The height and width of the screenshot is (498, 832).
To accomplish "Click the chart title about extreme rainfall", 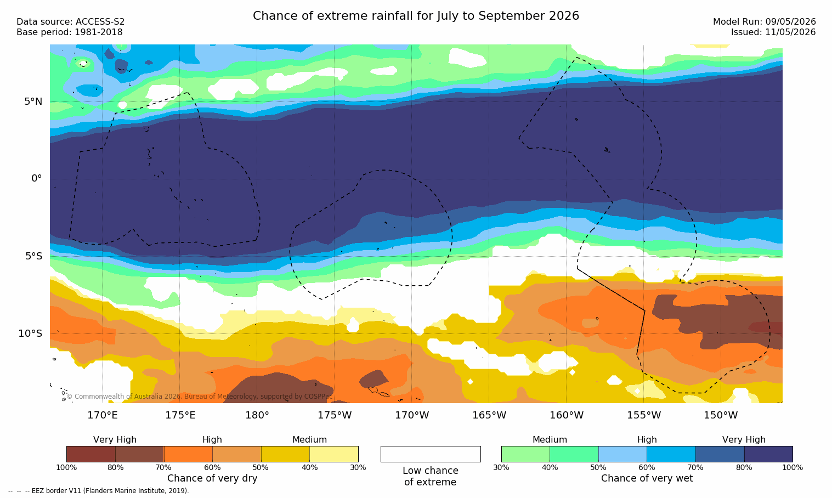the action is pyautogui.click(x=416, y=16).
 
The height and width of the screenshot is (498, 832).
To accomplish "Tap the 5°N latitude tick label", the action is pyautogui.click(x=33, y=101).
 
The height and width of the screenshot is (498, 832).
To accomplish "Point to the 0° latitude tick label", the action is pyautogui.click(x=37, y=179).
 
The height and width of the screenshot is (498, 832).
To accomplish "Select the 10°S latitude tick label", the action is pyautogui.click(x=31, y=333).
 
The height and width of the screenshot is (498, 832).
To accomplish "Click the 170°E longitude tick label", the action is pyautogui.click(x=103, y=415).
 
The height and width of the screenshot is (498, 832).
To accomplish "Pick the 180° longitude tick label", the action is pyautogui.click(x=257, y=415).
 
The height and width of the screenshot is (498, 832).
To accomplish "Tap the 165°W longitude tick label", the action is pyautogui.click(x=489, y=415).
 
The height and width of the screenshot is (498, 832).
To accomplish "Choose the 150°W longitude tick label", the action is pyautogui.click(x=721, y=415).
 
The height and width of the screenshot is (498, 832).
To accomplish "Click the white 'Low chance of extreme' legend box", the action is pyautogui.click(x=431, y=454).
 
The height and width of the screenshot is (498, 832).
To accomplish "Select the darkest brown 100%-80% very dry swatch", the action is pyautogui.click(x=91, y=454).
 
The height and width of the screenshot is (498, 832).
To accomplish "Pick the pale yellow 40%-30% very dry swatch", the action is pyautogui.click(x=334, y=454).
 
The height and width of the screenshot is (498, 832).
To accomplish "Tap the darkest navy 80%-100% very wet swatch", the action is pyautogui.click(x=768, y=454).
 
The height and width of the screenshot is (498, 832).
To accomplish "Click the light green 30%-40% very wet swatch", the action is pyautogui.click(x=525, y=454).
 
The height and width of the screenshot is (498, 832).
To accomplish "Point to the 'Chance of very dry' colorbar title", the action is pyautogui.click(x=212, y=478).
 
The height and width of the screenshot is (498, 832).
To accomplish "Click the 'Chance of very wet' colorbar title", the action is pyautogui.click(x=647, y=478).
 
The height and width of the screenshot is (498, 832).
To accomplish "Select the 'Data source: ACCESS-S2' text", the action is pyautogui.click(x=71, y=22).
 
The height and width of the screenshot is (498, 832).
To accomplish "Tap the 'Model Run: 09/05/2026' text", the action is pyautogui.click(x=765, y=22).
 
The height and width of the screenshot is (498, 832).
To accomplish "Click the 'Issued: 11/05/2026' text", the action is pyautogui.click(x=773, y=32).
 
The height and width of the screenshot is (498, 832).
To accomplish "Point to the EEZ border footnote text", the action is pyautogui.click(x=98, y=491).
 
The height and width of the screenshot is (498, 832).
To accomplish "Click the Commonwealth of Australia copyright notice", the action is pyautogui.click(x=200, y=397).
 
